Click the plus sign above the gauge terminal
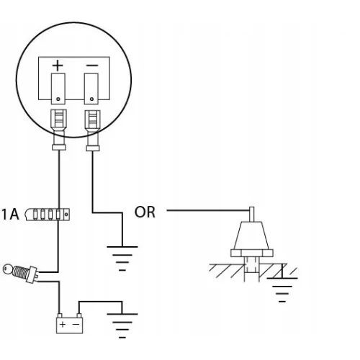(x=58, y=66)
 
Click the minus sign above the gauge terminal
(x=92, y=66)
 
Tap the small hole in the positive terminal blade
(x=58, y=99)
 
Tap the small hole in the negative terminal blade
(x=91, y=99)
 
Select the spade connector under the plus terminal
(x=59, y=130)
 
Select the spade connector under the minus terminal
(x=93, y=130)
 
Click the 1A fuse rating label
(x=10, y=215)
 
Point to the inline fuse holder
(x=48, y=214)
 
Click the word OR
(x=145, y=212)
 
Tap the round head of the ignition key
(x=8, y=269)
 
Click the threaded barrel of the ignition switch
(x=21, y=272)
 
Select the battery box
(x=70, y=323)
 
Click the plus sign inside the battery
(x=63, y=325)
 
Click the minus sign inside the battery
(x=76, y=325)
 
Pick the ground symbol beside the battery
(x=122, y=325)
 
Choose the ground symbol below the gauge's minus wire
(x=122, y=258)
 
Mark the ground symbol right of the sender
(x=282, y=289)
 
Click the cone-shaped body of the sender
(x=252, y=235)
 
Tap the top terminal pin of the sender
(x=252, y=214)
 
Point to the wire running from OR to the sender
(x=208, y=210)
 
